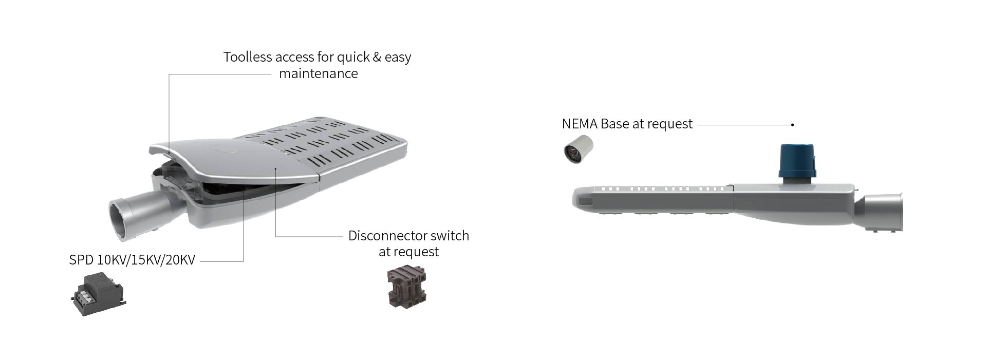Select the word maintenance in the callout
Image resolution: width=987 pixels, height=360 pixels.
[x=319, y=73]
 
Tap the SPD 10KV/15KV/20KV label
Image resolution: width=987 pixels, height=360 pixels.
[x=132, y=260]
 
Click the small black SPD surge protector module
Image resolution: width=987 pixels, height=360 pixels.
[x=98, y=294]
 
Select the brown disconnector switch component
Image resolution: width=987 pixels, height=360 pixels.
[x=406, y=286]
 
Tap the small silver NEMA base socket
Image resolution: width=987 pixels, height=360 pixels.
[x=578, y=149]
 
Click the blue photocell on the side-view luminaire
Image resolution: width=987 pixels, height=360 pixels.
[x=797, y=161]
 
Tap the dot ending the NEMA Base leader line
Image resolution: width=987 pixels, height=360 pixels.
[x=793, y=125]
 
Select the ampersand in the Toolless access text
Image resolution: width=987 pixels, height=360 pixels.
[x=377, y=56]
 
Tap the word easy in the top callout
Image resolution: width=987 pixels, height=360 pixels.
[x=398, y=58]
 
